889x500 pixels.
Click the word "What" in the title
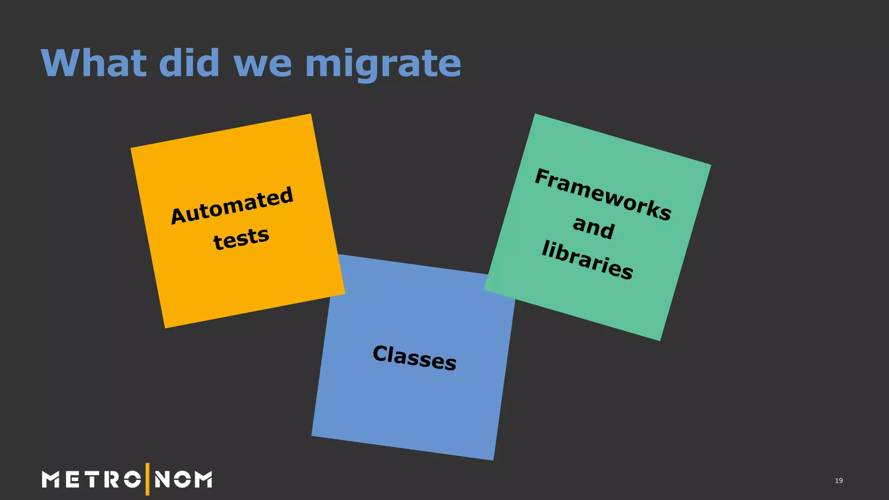click(x=93, y=63)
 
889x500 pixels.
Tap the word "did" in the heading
click(x=189, y=63)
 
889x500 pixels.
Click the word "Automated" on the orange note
click(x=232, y=205)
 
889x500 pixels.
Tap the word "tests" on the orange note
click(x=241, y=238)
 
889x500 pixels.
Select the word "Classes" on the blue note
click(x=415, y=358)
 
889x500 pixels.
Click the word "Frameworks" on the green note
click(x=603, y=194)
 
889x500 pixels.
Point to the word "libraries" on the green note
click(x=587, y=260)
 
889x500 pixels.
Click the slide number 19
click(x=839, y=480)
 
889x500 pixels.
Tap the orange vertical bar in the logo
click(x=148, y=479)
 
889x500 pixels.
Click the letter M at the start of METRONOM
click(x=50, y=480)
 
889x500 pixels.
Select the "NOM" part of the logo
click(x=183, y=480)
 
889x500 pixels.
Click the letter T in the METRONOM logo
click(x=92, y=480)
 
